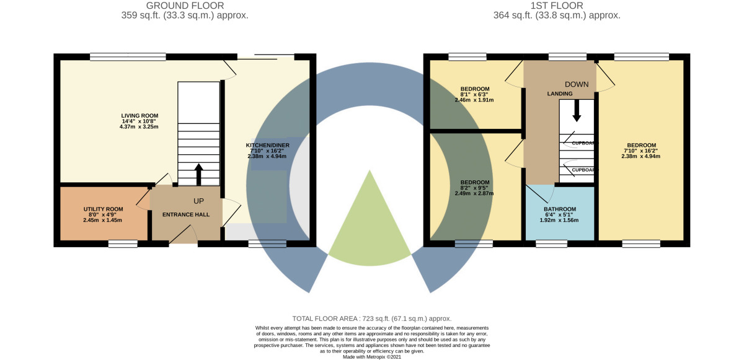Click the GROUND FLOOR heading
pyautogui.click(x=185, y=6)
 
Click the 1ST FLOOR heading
pyautogui.click(x=557, y=6)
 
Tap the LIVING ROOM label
pyautogui.click(x=139, y=115)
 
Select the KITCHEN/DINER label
pyautogui.click(x=267, y=145)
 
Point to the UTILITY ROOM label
pyautogui.click(x=103, y=209)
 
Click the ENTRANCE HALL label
pyautogui.click(x=186, y=214)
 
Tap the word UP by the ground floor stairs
pyautogui.click(x=198, y=201)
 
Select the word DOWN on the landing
pyautogui.click(x=577, y=84)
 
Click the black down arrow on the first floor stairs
pyautogui.click(x=577, y=112)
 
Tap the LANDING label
pyautogui.click(x=559, y=94)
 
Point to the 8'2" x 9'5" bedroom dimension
pyautogui.click(x=475, y=188)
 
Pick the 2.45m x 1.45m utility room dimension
pyautogui.click(x=103, y=220)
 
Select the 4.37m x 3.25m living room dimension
pyautogui.click(x=139, y=127)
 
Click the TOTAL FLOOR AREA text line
pyautogui.click(x=371, y=318)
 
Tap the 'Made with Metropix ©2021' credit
pyautogui.click(x=371, y=356)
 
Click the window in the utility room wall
pyautogui.click(x=123, y=244)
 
